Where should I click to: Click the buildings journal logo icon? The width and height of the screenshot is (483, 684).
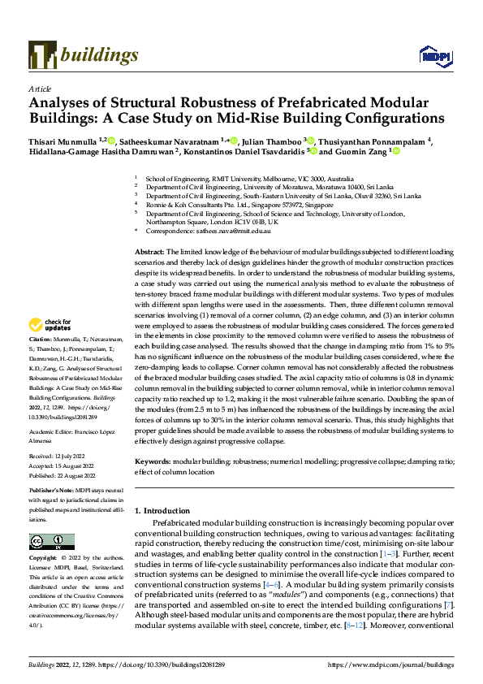tap(41, 54)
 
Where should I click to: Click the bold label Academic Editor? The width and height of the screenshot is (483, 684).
tap(54, 432)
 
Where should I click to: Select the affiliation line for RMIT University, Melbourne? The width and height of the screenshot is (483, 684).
tap(248, 178)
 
